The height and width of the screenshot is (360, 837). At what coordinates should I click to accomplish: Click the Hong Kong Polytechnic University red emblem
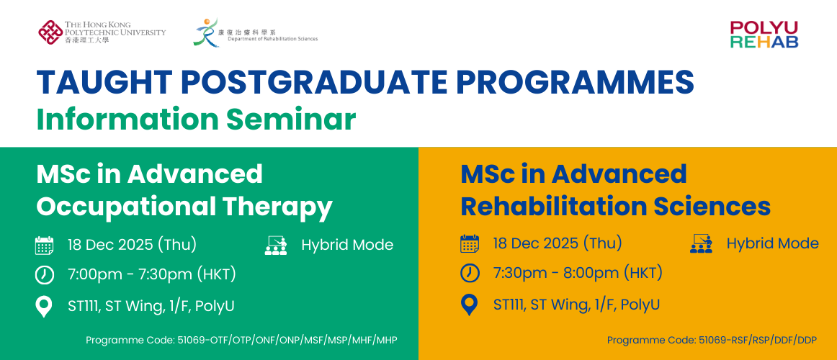[x=50, y=32]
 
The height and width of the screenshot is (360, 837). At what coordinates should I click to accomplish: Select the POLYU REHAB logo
[x=764, y=35]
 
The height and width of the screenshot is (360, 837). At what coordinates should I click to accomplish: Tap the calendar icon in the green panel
[x=45, y=246]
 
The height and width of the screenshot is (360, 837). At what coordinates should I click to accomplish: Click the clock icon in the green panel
[x=45, y=274]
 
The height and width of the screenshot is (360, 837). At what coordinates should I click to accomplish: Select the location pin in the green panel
[x=44, y=307]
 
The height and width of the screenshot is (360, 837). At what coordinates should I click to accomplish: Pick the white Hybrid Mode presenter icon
[x=275, y=245]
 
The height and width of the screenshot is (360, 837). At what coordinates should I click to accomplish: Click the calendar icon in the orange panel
[x=469, y=244]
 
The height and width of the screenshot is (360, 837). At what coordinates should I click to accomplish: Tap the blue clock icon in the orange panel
[x=469, y=273]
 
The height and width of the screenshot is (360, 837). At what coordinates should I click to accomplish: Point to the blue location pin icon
[x=469, y=305]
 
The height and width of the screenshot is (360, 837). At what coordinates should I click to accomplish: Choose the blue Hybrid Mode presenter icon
[x=701, y=243]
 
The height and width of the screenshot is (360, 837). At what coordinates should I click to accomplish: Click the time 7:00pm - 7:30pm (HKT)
[x=151, y=274]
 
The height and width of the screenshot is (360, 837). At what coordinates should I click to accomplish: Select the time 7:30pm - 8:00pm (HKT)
[x=578, y=273]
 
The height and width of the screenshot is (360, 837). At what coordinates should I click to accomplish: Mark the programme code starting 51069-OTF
[x=242, y=340]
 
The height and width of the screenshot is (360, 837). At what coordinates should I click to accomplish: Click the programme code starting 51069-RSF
[x=712, y=340]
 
